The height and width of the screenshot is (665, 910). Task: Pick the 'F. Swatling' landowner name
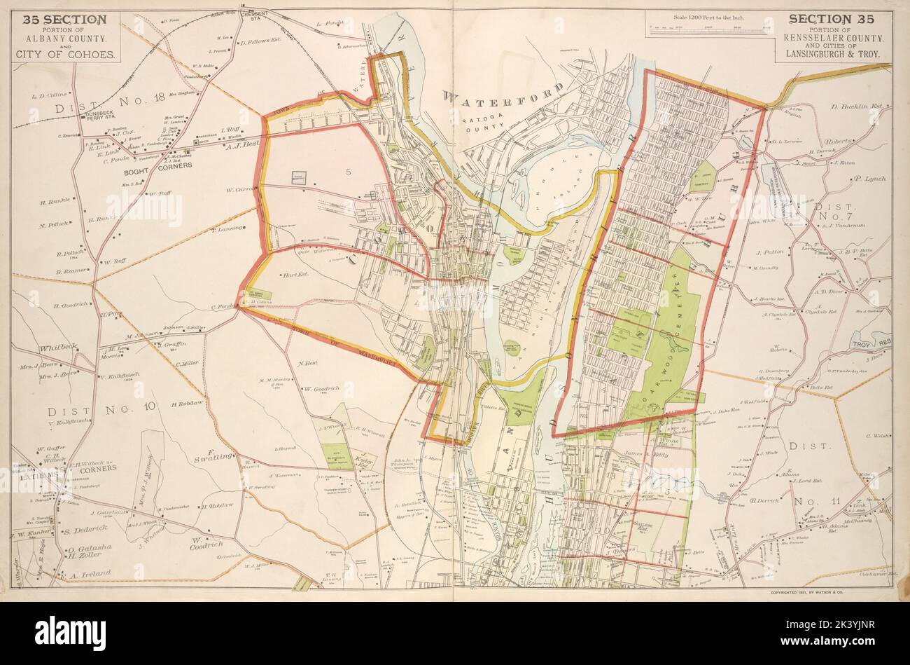(214, 455)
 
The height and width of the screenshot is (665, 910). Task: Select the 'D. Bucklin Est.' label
(858, 107)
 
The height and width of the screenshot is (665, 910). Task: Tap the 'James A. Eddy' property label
(647, 454)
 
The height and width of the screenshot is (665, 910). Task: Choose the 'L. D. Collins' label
(48, 94)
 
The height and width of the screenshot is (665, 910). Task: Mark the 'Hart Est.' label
(293, 275)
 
